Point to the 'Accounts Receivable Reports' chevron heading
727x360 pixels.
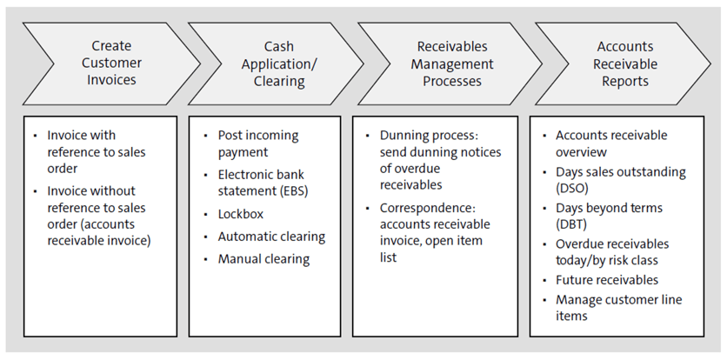625,63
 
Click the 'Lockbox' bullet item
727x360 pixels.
241,213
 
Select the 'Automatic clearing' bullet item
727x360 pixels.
271,236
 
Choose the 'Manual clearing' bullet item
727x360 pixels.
263,258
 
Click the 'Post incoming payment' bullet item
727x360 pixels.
257,143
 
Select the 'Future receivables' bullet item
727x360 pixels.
607,280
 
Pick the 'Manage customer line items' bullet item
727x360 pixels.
618,308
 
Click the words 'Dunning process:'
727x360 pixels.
423,135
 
